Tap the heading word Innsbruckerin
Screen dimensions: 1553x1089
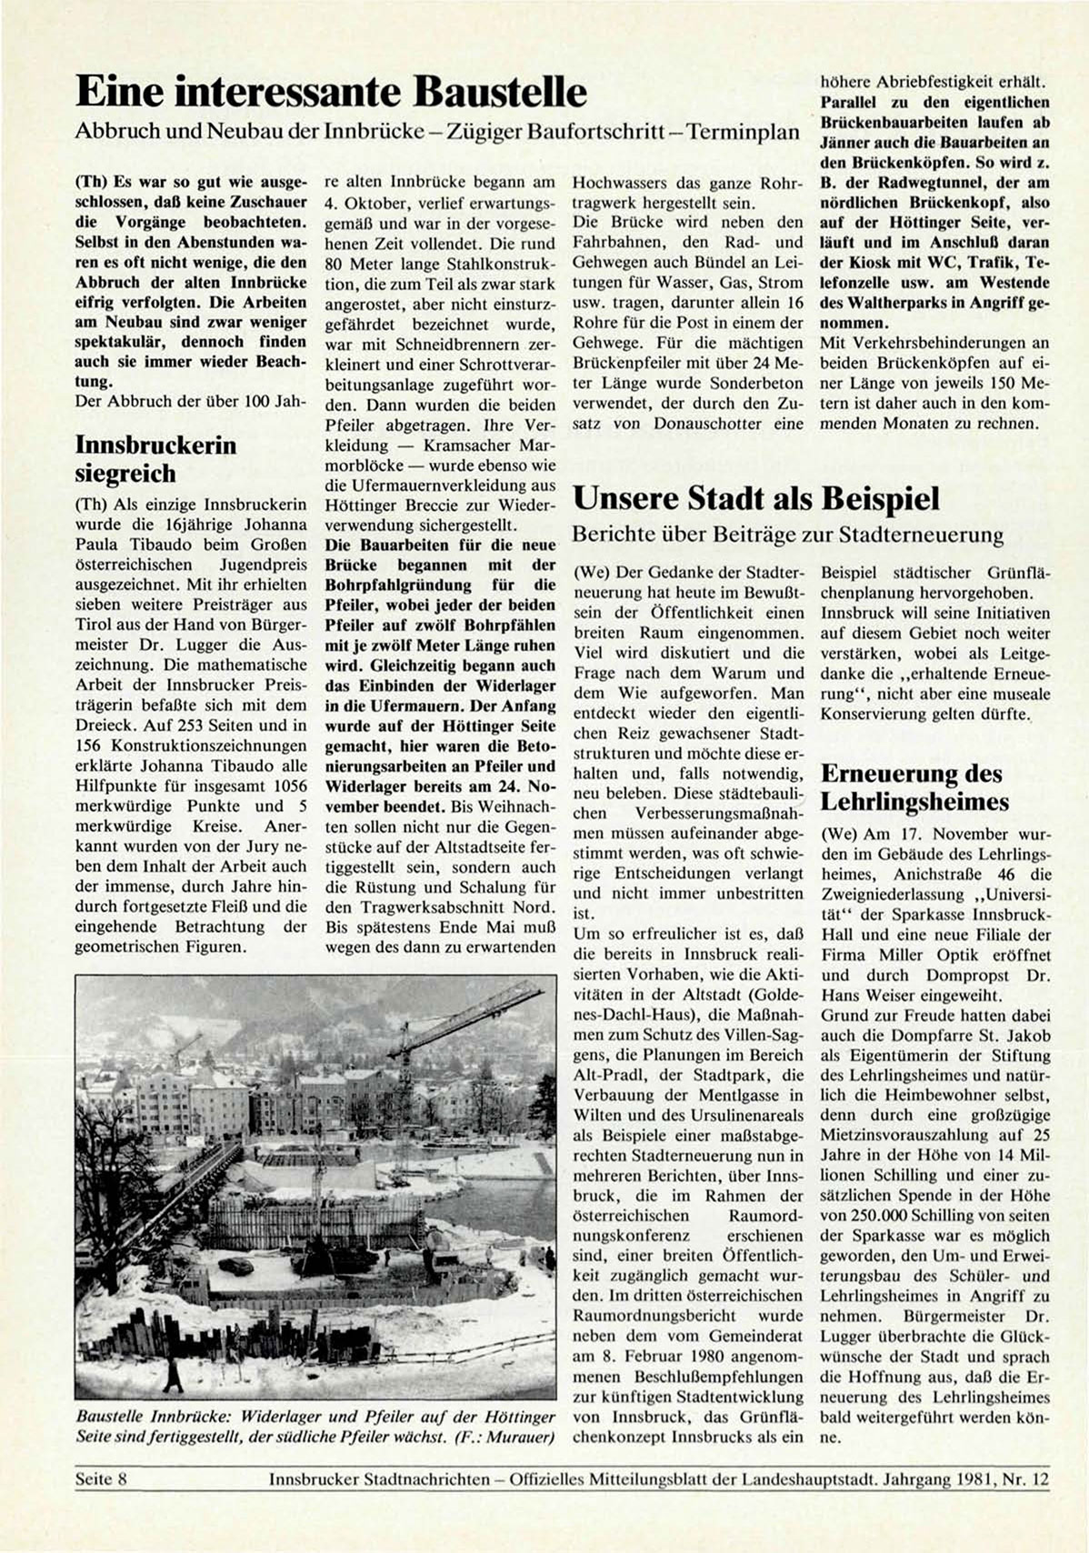155,445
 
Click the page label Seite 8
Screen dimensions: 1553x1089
100,1479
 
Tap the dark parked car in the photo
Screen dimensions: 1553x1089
237,1265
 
